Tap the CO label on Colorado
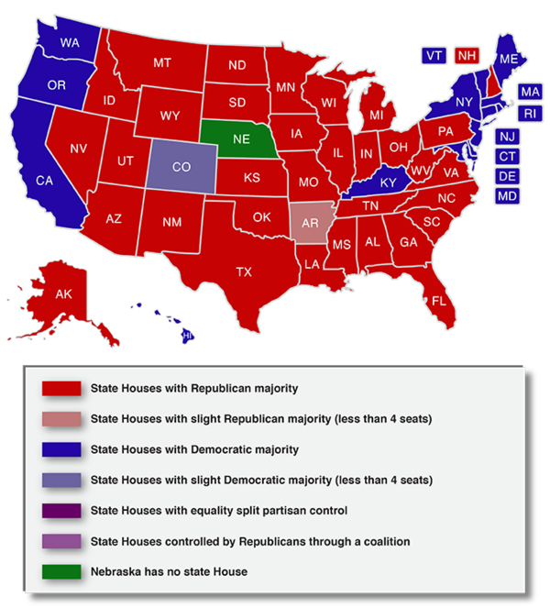point(181,168)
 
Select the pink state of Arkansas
point(310,223)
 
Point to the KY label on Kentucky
point(388,183)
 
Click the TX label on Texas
point(244,271)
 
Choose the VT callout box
point(434,56)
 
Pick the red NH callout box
point(467,56)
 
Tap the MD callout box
point(507,196)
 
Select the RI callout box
point(530,114)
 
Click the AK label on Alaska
point(63,294)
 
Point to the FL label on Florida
point(439,302)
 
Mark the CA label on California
point(44,181)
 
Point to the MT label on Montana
point(162,63)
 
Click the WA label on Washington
point(69,43)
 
